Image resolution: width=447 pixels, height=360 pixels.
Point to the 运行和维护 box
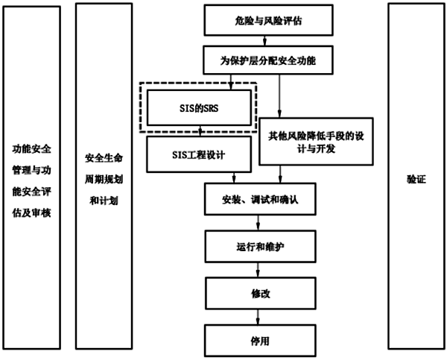pyautogui.click(x=258, y=244)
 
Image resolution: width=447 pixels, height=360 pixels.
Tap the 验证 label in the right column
pyautogui.click(x=416, y=179)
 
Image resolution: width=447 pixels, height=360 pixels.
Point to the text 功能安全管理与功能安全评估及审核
pyautogui.click(x=31, y=180)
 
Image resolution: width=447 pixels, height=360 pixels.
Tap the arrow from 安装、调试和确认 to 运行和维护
pyautogui.click(x=258, y=222)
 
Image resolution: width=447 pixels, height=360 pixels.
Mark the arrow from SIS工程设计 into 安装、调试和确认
pyautogui.click(x=234, y=177)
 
